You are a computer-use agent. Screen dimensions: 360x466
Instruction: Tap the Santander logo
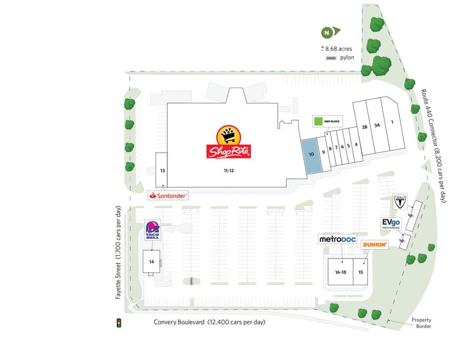[168, 196]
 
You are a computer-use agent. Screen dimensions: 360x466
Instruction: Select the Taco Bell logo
[152, 231]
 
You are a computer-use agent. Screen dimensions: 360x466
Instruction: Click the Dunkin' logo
[375, 245]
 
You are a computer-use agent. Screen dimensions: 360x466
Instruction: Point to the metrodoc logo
[337, 239]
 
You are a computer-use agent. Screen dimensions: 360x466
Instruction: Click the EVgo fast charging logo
[391, 223]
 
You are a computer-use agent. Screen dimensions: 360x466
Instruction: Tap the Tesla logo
[399, 200]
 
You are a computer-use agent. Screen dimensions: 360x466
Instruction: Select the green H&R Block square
[318, 121]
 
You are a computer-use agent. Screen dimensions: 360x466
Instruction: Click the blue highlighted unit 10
[311, 156]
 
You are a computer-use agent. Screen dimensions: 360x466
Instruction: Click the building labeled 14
[151, 261]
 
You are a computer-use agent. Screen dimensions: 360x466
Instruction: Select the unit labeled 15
[361, 271]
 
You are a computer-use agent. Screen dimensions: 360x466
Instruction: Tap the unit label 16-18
[340, 271]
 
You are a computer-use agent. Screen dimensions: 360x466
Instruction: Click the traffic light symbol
[119, 322]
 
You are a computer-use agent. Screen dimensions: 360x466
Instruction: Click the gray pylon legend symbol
[331, 58]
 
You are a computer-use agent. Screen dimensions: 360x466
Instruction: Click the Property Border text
[421, 324]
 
